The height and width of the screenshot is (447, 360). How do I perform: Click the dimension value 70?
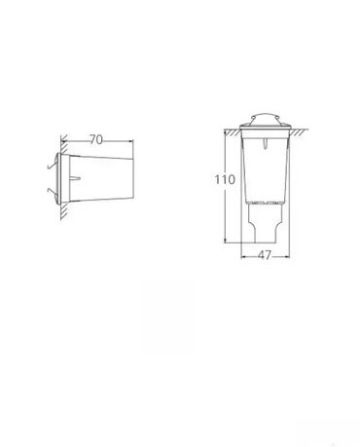coord(96,140)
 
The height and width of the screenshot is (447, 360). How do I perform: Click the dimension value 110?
coord(224,179)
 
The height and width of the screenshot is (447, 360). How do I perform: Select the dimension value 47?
coord(265,256)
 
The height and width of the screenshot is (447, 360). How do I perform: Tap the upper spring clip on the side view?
coord(52,167)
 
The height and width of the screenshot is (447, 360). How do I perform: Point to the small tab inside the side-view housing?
coord(76,178)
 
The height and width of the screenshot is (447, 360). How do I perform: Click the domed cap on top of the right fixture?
coord(265,119)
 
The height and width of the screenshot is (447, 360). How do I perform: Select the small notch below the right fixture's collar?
coord(266,143)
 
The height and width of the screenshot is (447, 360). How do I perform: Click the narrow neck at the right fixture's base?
coord(265,224)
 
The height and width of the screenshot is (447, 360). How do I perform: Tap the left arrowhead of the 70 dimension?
coord(63,141)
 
